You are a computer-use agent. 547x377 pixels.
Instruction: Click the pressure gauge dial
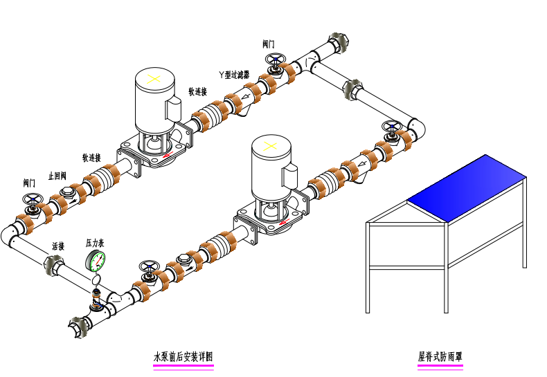click(x=96, y=261)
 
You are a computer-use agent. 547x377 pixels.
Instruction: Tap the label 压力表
click(x=95, y=243)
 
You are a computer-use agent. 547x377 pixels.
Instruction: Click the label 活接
click(x=58, y=246)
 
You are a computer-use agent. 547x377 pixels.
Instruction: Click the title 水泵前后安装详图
click(x=183, y=357)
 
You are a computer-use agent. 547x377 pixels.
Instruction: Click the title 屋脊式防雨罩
click(x=440, y=357)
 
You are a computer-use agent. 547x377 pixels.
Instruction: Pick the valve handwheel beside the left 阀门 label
click(x=31, y=201)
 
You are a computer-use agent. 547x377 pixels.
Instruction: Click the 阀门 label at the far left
click(x=29, y=183)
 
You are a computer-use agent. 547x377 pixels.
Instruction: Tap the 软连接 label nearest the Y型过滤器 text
click(x=197, y=91)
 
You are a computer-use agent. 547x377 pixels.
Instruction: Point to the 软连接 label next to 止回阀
click(x=91, y=157)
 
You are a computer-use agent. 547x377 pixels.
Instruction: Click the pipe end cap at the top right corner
click(x=340, y=41)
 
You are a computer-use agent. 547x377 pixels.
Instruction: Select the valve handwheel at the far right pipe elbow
click(x=393, y=127)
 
